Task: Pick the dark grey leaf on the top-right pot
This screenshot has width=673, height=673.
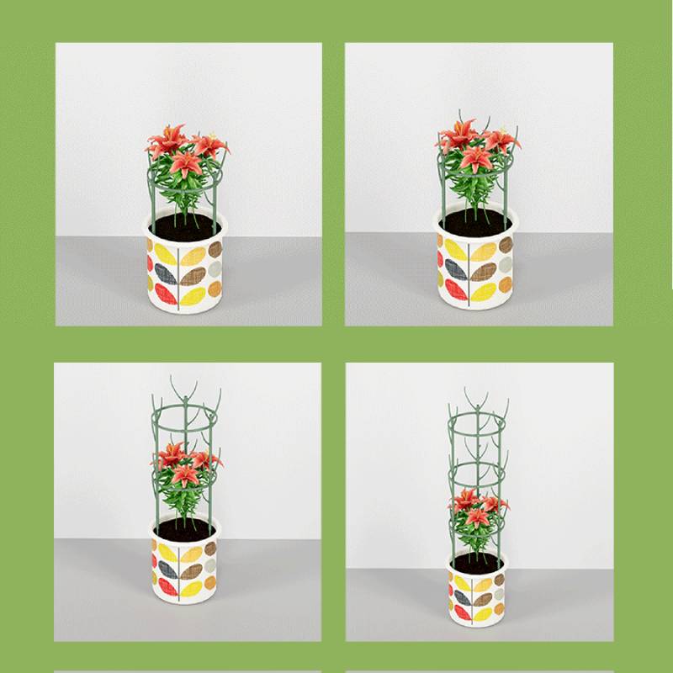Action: click(x=456, y=269)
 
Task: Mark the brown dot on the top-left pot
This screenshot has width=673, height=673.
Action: click(x=215, y=250)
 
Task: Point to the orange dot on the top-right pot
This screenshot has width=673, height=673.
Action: click(x=505, y=285)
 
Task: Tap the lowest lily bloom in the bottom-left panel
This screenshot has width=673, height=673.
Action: click(x=185, y=475)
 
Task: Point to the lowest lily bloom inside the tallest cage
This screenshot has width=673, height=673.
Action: click(x=476, y=517)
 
